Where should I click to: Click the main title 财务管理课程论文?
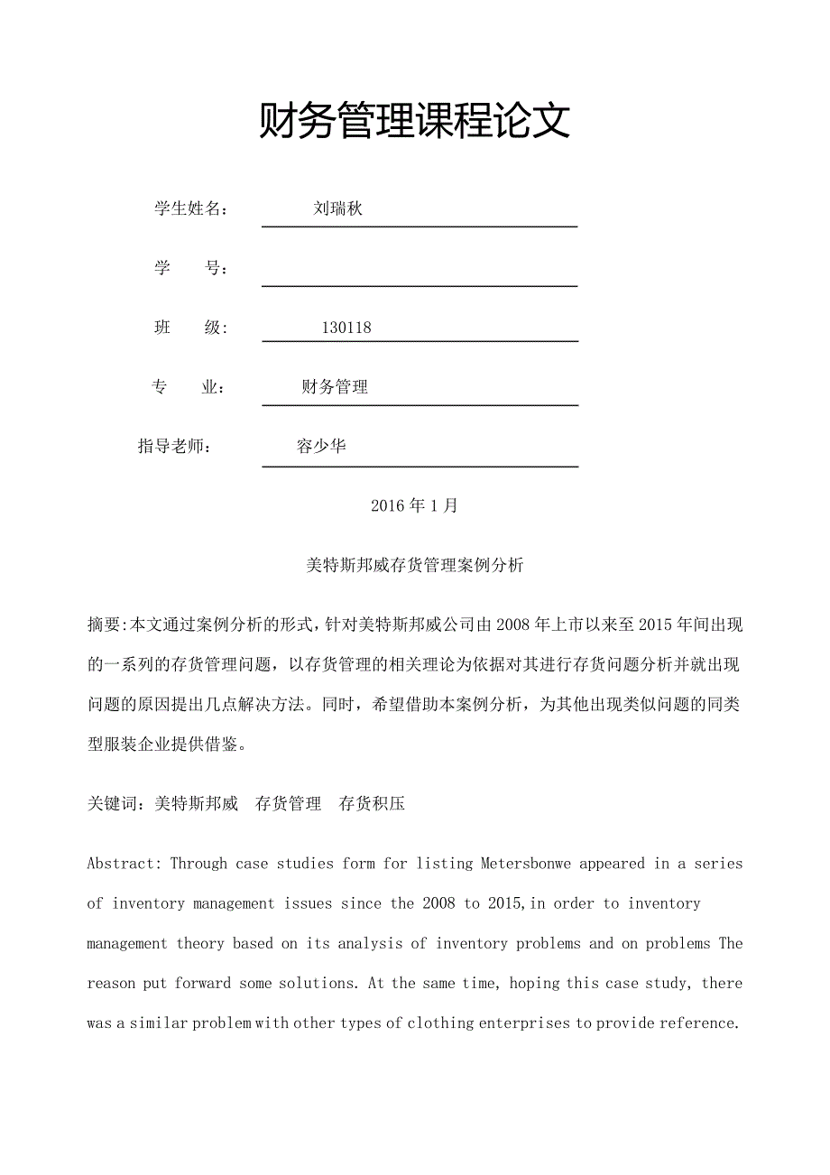pyautogui.click(x=415, y=121)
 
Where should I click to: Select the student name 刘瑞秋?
pyautogui.click(x=337, y=209)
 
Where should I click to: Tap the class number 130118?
pyautogui.click(x=346, y=328)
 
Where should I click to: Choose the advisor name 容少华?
pyautogui.click(x=321, y=446)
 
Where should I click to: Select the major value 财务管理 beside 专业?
pyautogui.click(x=335, y=387)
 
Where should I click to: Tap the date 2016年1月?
pyautogui.click(x=414, y=505)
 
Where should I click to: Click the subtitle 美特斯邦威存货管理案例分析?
pyautogui.click(x=414, y=566)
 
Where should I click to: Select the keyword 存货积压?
pyautogui.click(x=372, y=803)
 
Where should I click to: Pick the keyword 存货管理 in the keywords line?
pyautogui.click(x=288, y=803)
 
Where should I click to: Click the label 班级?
pyautogui.click(x=190, y=328)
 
